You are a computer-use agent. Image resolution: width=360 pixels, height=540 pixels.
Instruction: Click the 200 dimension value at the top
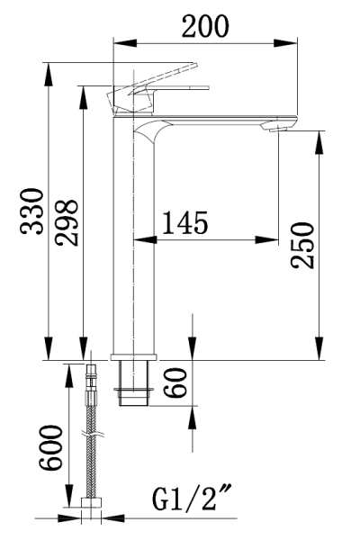coord(205,26)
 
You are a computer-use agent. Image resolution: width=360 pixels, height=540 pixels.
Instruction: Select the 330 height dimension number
coord(32,211)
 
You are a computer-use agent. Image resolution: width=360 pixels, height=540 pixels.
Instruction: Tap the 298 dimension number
coord(67,222)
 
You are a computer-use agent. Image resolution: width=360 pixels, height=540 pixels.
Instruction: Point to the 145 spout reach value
coord(185,222)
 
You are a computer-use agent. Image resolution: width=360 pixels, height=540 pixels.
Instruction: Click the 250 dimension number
coord(302,245)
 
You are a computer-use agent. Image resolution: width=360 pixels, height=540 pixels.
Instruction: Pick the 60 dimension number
coord(175,382)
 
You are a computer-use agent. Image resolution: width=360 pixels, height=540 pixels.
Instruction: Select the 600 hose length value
coord(50,447)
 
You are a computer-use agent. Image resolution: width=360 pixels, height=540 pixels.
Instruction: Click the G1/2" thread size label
coord(192,498)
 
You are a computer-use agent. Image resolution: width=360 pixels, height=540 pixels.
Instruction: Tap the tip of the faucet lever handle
coord(195,66)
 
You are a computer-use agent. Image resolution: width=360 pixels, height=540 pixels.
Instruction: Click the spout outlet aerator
coord(278,129)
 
